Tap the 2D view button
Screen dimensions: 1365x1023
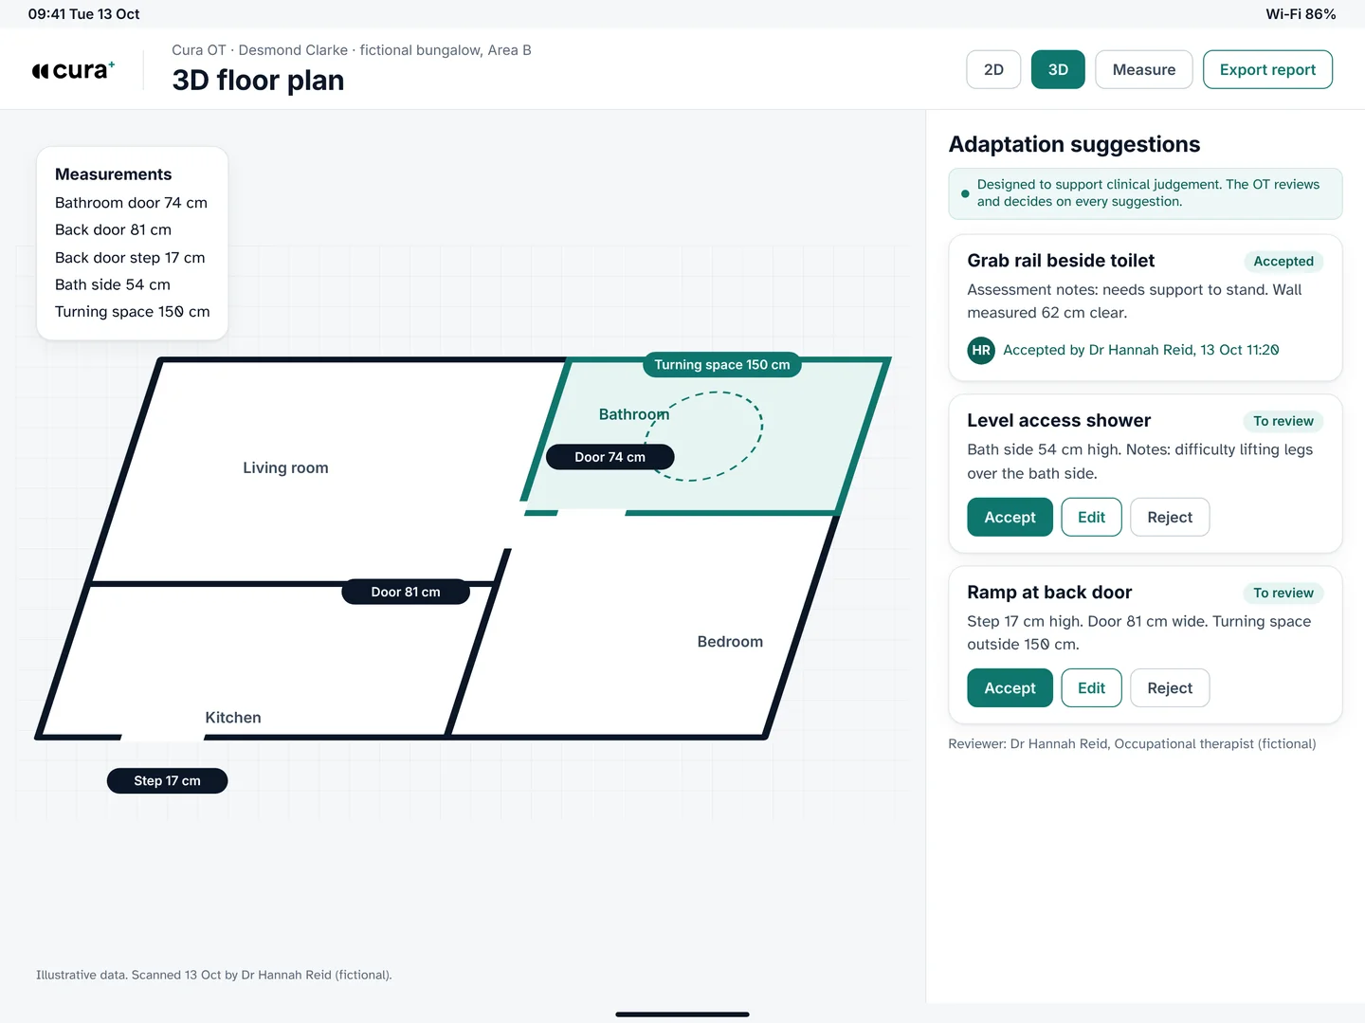(993, 69)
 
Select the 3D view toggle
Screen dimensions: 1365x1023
(1058, 69)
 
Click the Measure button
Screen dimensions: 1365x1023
(1143, 69)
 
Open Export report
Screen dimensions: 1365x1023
(1267, 69)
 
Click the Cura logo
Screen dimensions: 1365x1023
(73, 70)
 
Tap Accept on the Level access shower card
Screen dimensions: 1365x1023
(1010, 517)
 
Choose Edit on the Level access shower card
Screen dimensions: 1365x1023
(1091, 517)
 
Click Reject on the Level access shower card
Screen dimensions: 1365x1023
(1170, 517)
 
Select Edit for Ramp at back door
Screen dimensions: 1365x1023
(1091, 687)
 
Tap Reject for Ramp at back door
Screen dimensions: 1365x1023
(1170, 687)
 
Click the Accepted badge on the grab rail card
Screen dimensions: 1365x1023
(1283, 261)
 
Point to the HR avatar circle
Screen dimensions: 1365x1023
(981, 350)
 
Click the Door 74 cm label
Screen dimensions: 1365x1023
(610, 457)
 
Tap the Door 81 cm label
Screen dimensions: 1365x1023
(406, 592)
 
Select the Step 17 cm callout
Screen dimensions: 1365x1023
(167, 781)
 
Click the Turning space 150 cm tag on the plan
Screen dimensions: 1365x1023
(722, 364)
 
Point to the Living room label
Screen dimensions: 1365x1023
(285, 467)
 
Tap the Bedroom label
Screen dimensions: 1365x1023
(730, 642)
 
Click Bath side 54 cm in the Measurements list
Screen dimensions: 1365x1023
(113, 284)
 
